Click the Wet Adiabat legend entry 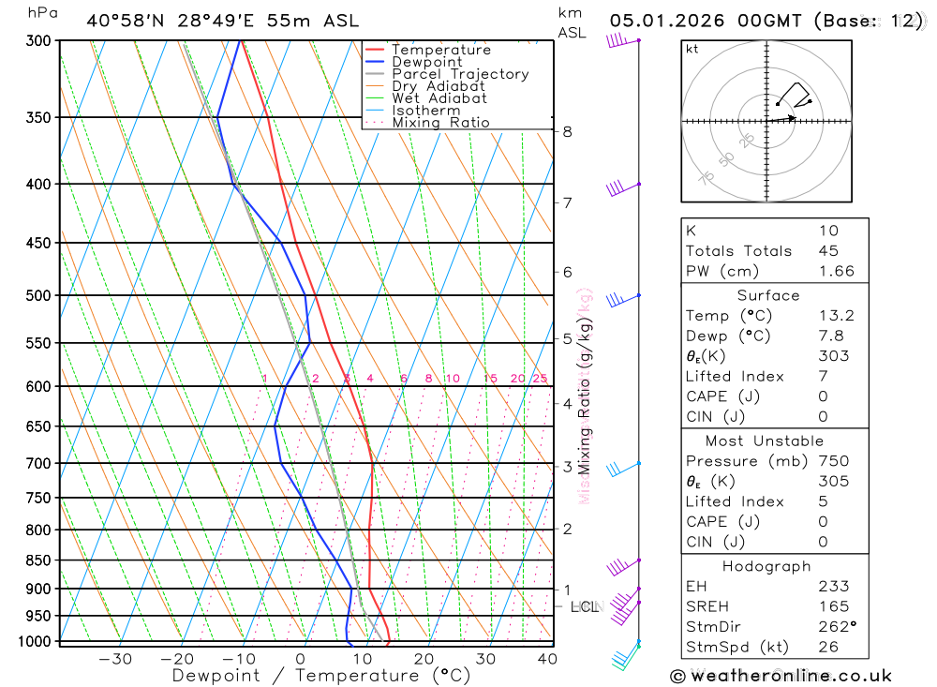tap(439, 97)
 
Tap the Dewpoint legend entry tap(426, 62)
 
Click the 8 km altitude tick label tap(567, 131)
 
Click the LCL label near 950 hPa tap(583, 607)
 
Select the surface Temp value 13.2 tap(836, 316)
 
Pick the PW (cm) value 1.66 tap(836, 271)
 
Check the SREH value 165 tap(833, 606)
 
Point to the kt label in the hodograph tap(692, 49)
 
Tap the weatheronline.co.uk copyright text tap(781, 675)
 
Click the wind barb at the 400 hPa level tap(620, 187)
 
